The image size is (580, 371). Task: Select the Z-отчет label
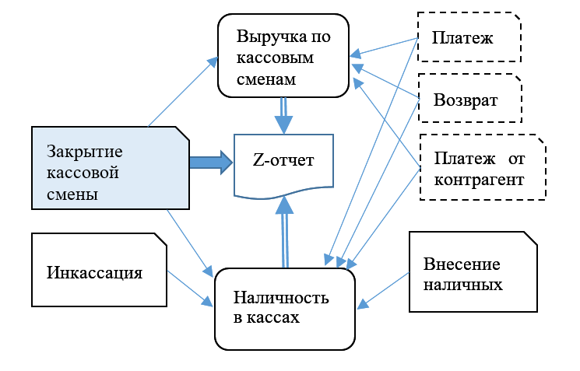click(x=283, y=162)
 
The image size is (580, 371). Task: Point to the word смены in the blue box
click(x=72, y=194)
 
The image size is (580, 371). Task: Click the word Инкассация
click(x=94, y=273)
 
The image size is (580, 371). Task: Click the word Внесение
click(x=462, y=264)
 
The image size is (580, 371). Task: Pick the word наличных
click(x=463, y=284)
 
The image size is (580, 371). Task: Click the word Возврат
click(x=466, y=101)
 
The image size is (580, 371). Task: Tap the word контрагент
click(x=479, y=180)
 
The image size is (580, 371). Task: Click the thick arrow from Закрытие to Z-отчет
click(x=210, y=162)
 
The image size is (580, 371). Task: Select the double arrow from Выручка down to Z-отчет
click(x=283, y=114)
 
